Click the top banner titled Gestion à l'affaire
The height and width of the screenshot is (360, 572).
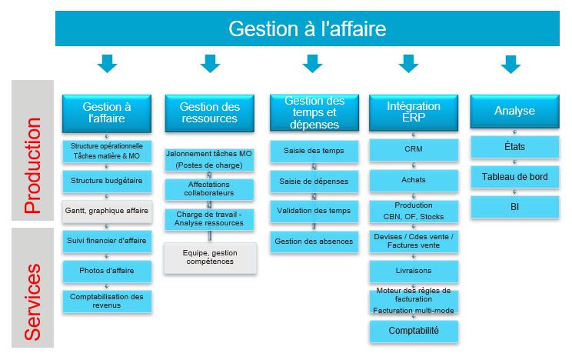308,28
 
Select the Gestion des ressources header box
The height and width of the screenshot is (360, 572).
209,113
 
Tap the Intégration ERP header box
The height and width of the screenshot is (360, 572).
414,112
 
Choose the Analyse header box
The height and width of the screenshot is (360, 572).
514,111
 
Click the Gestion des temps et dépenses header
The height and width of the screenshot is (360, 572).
314,112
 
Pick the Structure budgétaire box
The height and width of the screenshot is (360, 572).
107,181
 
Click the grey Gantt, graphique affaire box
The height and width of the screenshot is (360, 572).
107,212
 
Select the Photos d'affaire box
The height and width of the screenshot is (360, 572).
107,272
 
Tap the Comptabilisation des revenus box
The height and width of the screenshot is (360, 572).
107,302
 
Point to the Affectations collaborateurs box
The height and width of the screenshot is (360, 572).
209,189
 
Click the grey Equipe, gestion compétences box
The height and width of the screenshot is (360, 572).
210,258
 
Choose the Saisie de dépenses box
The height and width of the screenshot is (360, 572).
314,182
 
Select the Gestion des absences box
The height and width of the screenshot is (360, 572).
314,242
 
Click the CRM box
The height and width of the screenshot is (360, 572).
414,150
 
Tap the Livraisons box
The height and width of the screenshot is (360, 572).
414,272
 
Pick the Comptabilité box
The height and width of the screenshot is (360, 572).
414,332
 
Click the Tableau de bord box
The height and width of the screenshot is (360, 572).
515,177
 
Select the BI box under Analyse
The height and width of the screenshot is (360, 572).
515,207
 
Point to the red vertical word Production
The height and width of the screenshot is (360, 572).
33,165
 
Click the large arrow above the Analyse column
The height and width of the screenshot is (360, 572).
510,65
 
